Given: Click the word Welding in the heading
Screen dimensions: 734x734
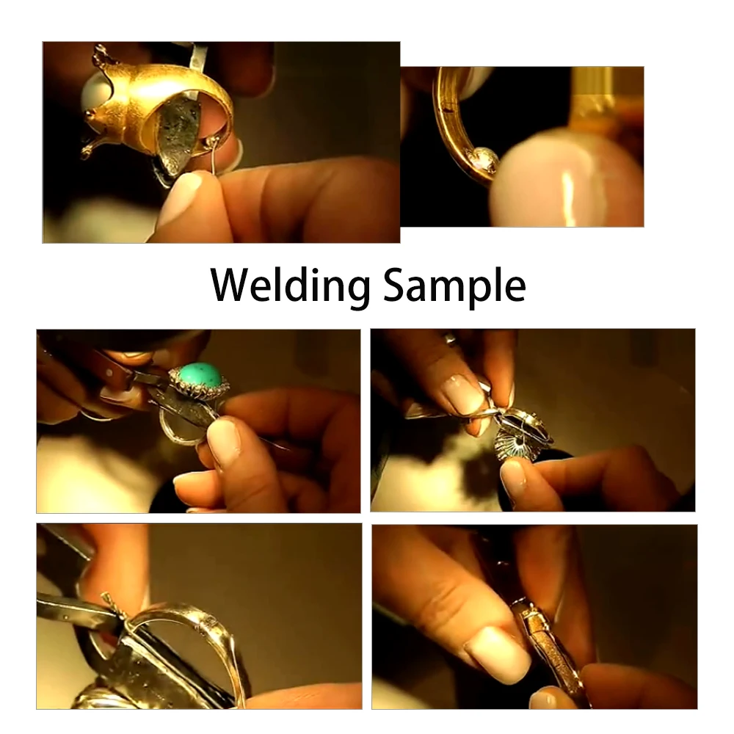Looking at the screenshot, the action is click(x=290, y=286).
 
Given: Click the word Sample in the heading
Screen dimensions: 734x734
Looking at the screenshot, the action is click(x=454, y=286).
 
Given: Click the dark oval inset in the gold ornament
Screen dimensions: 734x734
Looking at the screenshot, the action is click(x=179, y=131).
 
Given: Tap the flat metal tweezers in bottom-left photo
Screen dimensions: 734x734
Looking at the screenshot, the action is click(x=79, y=608).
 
